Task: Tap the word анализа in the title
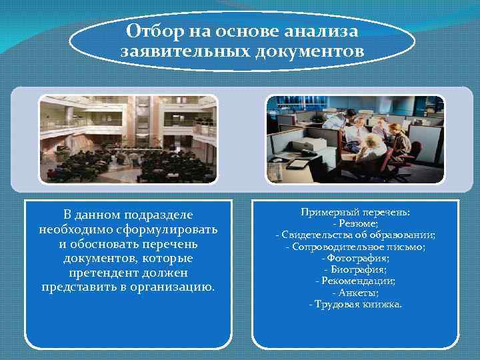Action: tap(321, 32)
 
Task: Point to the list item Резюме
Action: tap(355, 224)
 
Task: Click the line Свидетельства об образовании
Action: tap(355, 235)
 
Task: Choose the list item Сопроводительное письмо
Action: tap(355, 247)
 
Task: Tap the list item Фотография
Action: tap(355, 258)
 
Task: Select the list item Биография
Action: tap(355, 269)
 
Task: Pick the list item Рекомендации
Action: tap(355, 281)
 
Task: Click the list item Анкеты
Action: tap(355, 292)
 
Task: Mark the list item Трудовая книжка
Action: tap(355, 304)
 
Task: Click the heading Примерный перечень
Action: tap(355, 212)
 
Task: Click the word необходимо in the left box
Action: tap(70, 229)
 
